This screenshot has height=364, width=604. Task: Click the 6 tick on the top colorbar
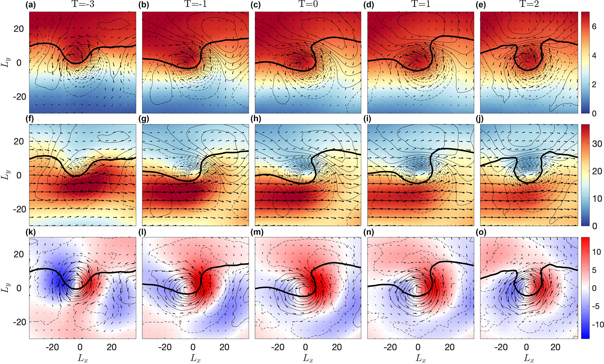pos(594,27)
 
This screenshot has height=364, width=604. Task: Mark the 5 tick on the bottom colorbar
pos(594,270)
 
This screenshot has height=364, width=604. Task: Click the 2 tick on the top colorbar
pos(594,85)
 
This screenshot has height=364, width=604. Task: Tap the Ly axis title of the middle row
pos(5,175)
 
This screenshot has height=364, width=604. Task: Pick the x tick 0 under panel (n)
pos(418,347)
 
